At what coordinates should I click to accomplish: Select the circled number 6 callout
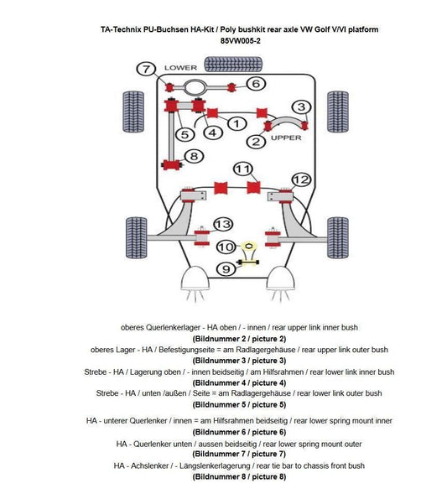pos(256,83)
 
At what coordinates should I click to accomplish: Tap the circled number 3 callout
pos(299,107)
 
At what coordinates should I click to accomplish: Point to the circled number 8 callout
pos(194,156)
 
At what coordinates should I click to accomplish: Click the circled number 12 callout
pos(301,179)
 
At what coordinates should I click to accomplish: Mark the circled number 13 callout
pos(222,224)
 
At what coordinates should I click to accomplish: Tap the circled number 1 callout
pos(236,123)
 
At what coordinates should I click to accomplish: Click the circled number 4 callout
pos(212,132)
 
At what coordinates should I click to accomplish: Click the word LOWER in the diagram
pos(180,67)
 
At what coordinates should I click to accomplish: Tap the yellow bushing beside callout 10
pos(248,246)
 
